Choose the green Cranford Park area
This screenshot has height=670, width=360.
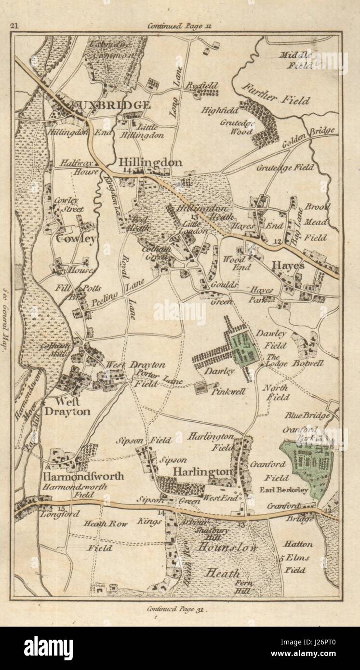click(308, 465)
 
